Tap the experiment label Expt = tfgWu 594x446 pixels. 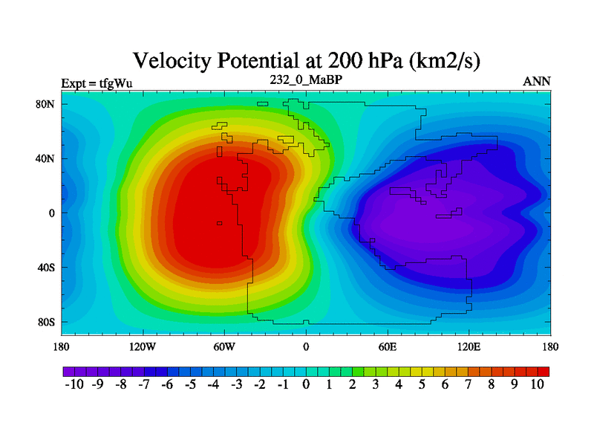coord(97,83)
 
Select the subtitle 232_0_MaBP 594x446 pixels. coord(305,79)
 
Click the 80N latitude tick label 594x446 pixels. coord(46,104)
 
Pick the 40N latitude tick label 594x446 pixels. coord(46,158)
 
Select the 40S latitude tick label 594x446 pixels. coord(46,268)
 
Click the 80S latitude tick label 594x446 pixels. coord(46,322)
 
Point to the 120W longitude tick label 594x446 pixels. coord(142,346)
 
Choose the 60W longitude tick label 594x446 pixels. coord(224,346)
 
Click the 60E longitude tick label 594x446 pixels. coord(387,346)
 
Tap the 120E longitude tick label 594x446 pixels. coord(469,346)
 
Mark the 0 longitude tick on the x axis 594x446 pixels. coord(306,346)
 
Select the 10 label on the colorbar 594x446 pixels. coord(538,384)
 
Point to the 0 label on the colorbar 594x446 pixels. coord(306,384)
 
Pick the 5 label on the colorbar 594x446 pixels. coord(422,384)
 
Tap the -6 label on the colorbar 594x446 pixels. coord(166,384)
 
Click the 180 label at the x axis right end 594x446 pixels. coord(550,346)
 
